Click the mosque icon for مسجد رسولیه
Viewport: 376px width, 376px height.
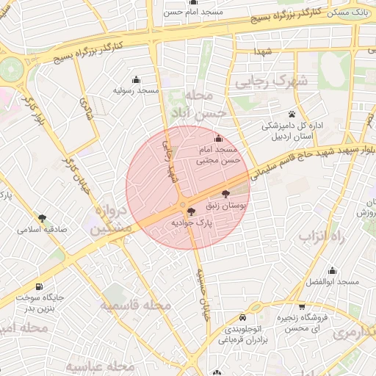tap(136, 79)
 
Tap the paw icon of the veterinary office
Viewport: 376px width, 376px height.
tap(292, 114)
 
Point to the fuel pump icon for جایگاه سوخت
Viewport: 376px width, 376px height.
tap(38, 287)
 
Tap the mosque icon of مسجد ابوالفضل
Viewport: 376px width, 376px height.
tap(333, 270)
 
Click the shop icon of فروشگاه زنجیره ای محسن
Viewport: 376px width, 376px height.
tap(302, 307)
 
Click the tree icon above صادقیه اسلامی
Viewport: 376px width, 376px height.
tap(42, 218)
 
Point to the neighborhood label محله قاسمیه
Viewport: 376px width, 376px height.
tap(137, 305)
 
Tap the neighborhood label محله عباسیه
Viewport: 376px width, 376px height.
tap(101, 366)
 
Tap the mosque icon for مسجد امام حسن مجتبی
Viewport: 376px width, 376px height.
tap(217, 139)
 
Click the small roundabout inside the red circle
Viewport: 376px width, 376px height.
tap(181, 205)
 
